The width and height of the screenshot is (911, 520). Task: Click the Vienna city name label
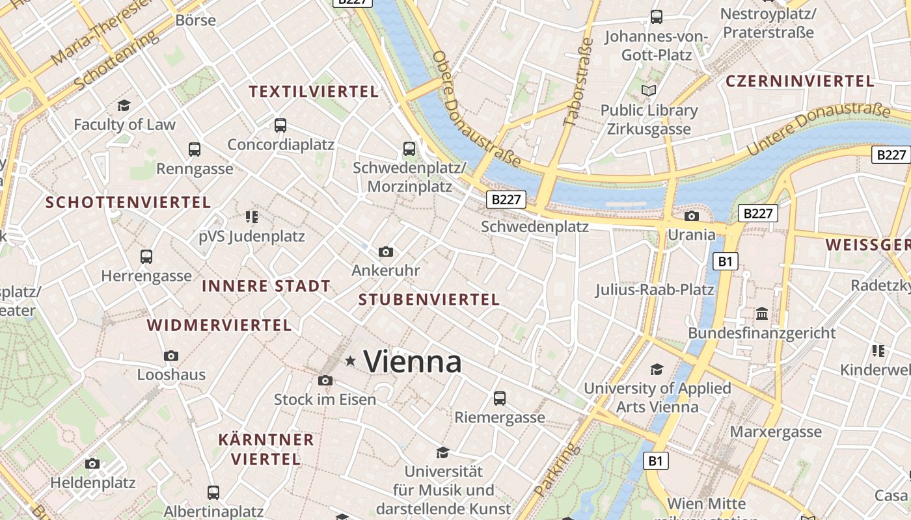point(413,361)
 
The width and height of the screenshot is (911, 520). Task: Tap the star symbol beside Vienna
point(351,361)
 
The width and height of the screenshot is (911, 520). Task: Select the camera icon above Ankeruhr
point(386,252)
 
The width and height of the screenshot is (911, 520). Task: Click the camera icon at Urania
point(692,216)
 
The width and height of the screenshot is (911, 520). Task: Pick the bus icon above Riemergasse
point(500,398)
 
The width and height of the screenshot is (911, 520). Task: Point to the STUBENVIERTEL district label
point(429,300)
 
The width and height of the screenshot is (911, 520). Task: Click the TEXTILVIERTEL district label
point(314,92)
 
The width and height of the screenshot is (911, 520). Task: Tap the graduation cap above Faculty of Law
point(124,105)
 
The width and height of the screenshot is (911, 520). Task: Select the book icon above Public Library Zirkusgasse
point(648,90)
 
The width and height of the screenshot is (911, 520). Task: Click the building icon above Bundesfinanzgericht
point(762,314)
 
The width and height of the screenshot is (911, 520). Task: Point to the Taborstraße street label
point(578,82)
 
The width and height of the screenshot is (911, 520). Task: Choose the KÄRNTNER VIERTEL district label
point(265,449)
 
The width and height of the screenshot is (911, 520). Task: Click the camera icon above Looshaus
point(171,356)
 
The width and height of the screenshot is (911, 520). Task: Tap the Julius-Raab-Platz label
point(655,289)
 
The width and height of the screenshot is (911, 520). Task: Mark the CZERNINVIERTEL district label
point(799,81)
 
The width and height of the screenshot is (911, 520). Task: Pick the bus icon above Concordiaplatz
point(280,125)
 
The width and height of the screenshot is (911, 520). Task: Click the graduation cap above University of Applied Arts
point(657,369)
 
